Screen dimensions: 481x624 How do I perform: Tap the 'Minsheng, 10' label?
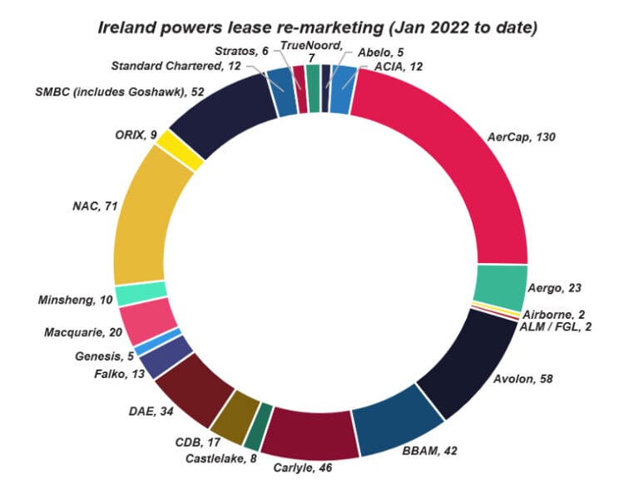tap(70, 300)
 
